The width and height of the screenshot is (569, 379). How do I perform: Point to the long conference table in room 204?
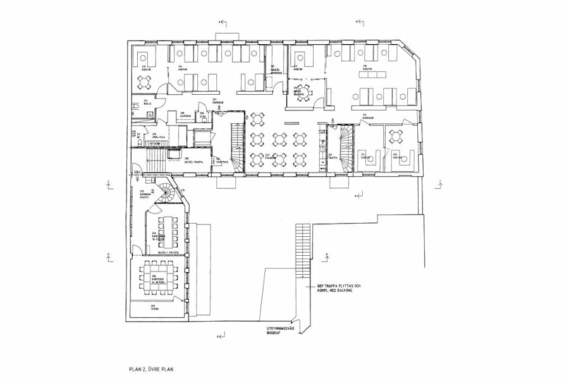pos(168,232)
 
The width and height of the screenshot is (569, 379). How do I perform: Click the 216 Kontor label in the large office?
pos(367,67)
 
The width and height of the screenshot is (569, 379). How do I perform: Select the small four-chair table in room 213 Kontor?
pos(146,81)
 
